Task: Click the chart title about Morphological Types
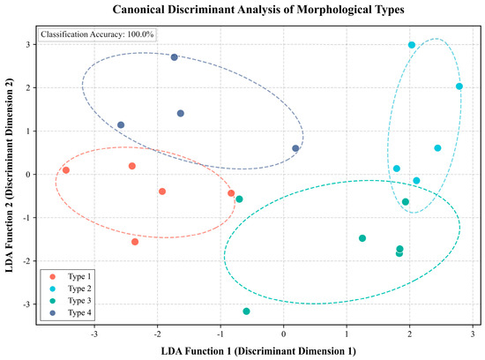click(258, 10)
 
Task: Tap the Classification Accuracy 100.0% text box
click(97, 34)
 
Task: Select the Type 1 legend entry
click(71, 276)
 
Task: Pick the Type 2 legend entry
click(71, 289)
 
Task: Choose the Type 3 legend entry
click(71, 301)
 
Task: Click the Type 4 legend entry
click(71, 312)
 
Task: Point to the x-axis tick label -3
click(94, 334)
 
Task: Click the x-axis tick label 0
click(283, 334)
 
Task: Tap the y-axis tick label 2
click(28, 88)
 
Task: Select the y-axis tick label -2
click(26, 261)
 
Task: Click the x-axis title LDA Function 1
click(258, 351)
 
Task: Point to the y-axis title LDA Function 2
click(10, 175)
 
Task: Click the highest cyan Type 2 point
click(412, 45)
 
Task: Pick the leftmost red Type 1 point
click(66, 170)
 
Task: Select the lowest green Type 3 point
click(246, 311)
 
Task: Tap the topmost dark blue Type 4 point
click(175, 57)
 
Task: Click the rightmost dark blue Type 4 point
click(295, 148)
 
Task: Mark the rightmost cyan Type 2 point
click(459, 86)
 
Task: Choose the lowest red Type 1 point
click(135, 242)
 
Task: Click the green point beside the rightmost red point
click(239, 199)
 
